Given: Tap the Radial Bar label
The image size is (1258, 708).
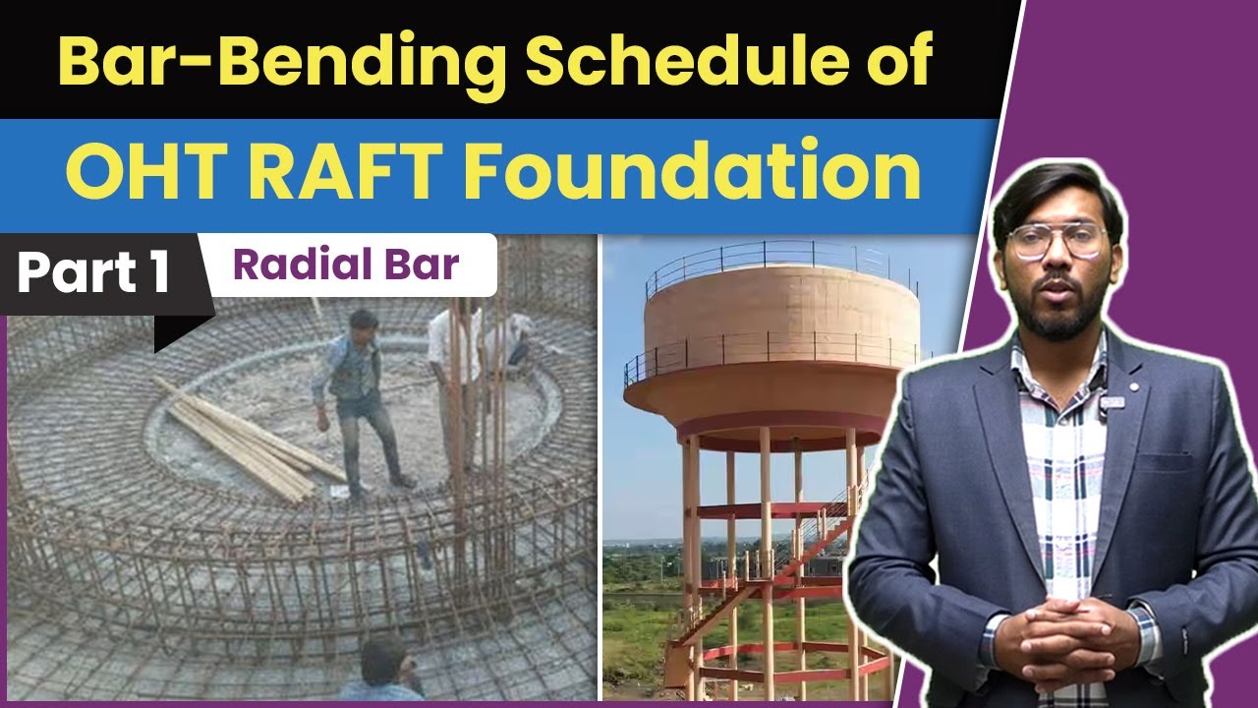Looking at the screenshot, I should (x=346, y=265).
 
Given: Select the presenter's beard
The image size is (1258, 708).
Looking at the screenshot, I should (x=1059, y=315).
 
